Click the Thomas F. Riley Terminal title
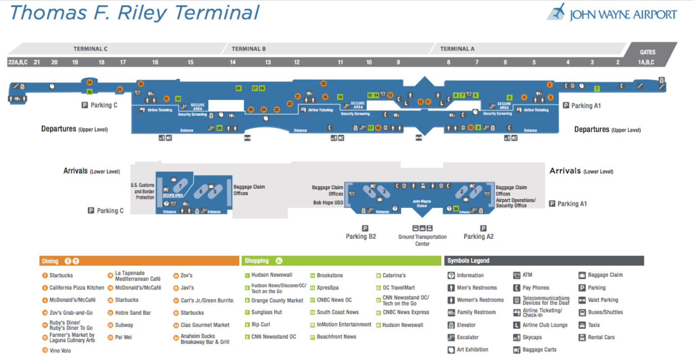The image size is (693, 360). [134, 13]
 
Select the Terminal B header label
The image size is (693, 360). [248, 49]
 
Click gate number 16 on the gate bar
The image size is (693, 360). [155, 62]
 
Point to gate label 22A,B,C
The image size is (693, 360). [18, 62]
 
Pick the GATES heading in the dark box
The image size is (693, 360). [648, 52]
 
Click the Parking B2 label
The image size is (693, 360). [360, 237]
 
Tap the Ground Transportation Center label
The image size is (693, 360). [422, 240]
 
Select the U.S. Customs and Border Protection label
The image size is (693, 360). [143, 191]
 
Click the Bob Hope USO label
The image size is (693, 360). [328, 203]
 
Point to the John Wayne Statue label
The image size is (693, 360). [421, 204]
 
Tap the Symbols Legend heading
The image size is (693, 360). [468, 261]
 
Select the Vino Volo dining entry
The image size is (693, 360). [60, 350]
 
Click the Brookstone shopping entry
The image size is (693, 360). [330, 276]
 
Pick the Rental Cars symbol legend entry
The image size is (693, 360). [601, 337]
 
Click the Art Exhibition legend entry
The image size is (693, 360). [472, 350]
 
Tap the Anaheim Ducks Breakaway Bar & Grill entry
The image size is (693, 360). [204, 339]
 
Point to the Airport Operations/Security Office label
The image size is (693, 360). [515, 203]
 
